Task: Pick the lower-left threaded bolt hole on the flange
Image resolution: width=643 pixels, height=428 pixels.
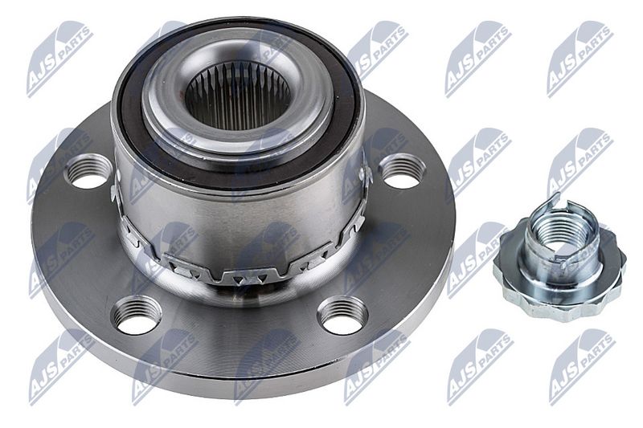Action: [137, 314]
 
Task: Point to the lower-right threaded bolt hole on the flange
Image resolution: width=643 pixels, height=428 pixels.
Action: [343, 314]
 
